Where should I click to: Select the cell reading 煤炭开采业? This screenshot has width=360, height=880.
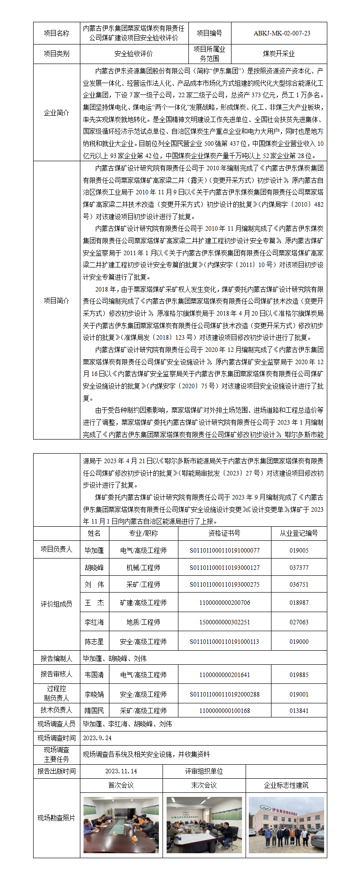[x=279, y=54]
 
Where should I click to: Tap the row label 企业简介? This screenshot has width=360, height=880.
[x=56, y=113]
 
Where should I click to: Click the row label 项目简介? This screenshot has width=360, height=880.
[x=56, y=301]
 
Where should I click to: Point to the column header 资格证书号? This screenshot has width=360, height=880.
[x=224, y=533]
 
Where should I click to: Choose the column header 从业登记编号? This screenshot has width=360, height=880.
[x=299, y=533]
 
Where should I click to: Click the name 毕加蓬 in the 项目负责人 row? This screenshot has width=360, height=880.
[x=94, y=550]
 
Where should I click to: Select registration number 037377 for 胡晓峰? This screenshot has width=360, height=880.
[x=299, y=568]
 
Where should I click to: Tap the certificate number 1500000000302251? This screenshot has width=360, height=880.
[x=224, y=622]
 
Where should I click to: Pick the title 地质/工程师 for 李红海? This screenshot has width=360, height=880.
[x=143, y=622]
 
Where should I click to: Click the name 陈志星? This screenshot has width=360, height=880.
[x=94, y=642]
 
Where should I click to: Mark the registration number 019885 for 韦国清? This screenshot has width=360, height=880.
[x=299, y=675]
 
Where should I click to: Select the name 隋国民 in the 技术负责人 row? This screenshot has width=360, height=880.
[x=94, y=711]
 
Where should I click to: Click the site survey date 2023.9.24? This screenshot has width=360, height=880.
[x=97, y=738]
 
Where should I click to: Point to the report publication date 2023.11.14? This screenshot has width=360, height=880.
[x=121, y=771]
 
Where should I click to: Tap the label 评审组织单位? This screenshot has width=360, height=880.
[x=204, y=771]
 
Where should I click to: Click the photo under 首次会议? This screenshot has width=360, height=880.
[x=121, y=825]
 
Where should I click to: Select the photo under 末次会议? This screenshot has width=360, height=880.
[x=204, y=825]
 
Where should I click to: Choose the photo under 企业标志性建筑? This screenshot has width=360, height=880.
[x=286, y=825]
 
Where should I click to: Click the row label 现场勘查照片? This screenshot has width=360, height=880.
[x=56, y=818]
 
